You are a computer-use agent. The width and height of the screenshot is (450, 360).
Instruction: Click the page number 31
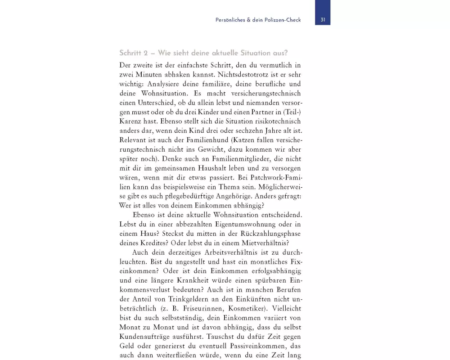323,20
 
